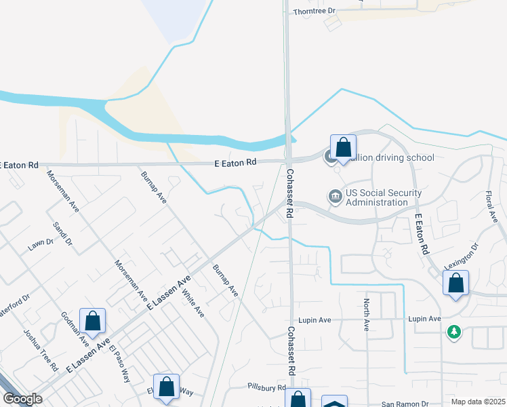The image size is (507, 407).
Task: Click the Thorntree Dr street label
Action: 315,12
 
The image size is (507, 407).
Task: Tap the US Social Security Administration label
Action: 383,197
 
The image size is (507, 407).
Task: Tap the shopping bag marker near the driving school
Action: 343,147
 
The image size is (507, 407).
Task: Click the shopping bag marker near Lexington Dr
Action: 456,284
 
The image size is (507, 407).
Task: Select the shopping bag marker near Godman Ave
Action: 92,321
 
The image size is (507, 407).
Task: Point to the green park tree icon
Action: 453,332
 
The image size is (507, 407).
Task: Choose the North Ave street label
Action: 367,315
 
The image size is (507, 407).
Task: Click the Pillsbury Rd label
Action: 266,387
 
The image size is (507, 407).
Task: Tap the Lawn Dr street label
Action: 41,244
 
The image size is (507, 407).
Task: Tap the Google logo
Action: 22,399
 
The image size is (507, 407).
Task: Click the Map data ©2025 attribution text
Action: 478,402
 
